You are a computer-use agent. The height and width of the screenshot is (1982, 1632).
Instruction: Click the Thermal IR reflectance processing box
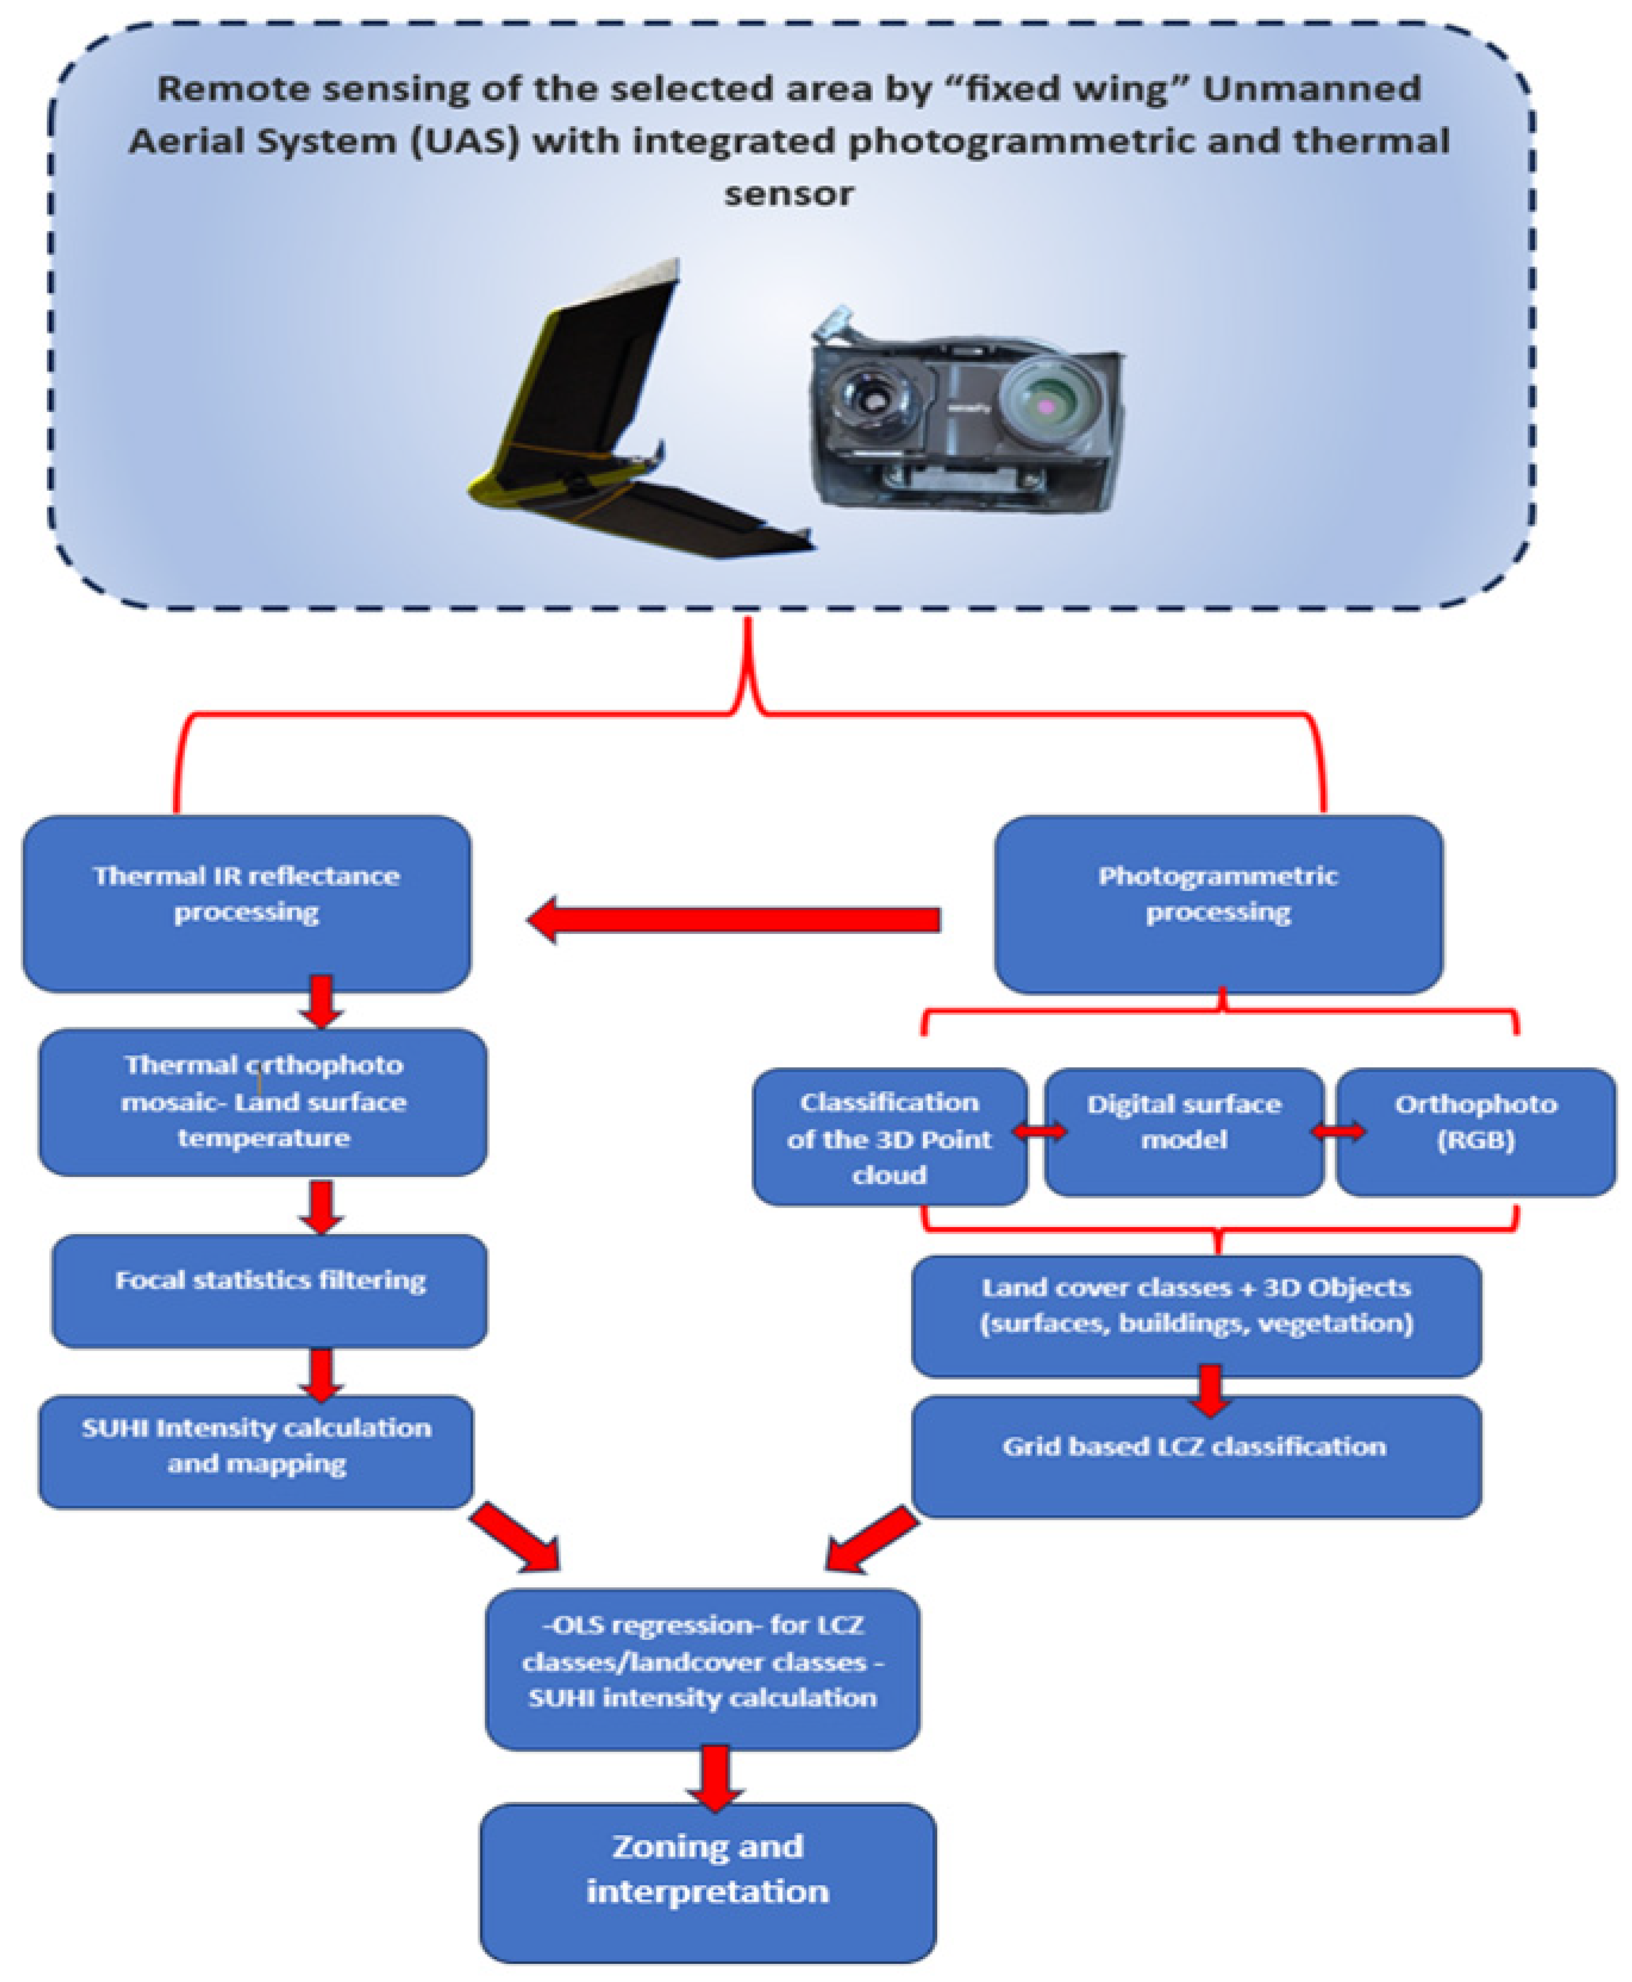click(246, 903)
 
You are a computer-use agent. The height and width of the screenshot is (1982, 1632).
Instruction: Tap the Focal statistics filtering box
click(269, 1290)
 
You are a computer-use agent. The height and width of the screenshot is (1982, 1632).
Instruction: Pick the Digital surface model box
click(1183, 1131)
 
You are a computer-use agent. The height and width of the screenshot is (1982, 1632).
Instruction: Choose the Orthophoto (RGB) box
click(1475, 1131)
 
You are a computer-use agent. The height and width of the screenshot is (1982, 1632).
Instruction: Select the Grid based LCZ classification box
click(1196, 1455)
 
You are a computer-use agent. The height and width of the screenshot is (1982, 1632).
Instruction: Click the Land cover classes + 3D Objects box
click(1196, 1314)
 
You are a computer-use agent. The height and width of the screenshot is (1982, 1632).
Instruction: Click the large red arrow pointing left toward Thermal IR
click(733, 920)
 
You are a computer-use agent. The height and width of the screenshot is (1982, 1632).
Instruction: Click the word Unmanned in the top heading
click(1312, 88)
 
